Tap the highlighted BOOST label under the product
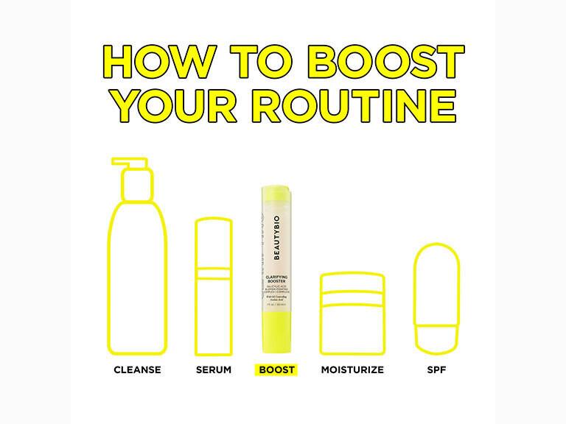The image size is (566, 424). point(276,369)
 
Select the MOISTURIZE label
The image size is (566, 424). point(352,369)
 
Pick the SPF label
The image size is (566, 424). point(432,369)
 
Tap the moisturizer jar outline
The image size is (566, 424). point(352,324)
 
